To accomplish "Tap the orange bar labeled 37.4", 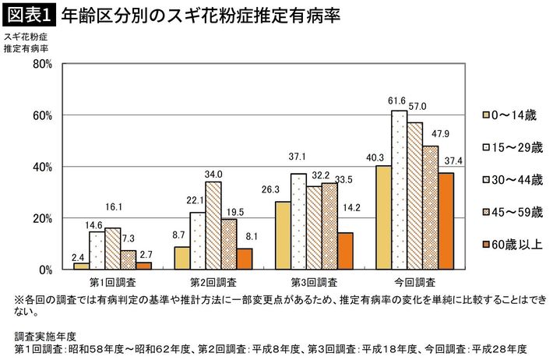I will coord(446,221).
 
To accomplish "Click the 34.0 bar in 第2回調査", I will coord(213,225).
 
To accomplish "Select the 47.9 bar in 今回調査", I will coord(430,207).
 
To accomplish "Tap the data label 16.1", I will coord(113,208).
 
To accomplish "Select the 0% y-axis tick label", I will coord(45,270).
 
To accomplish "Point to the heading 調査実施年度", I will coord(44,336).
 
